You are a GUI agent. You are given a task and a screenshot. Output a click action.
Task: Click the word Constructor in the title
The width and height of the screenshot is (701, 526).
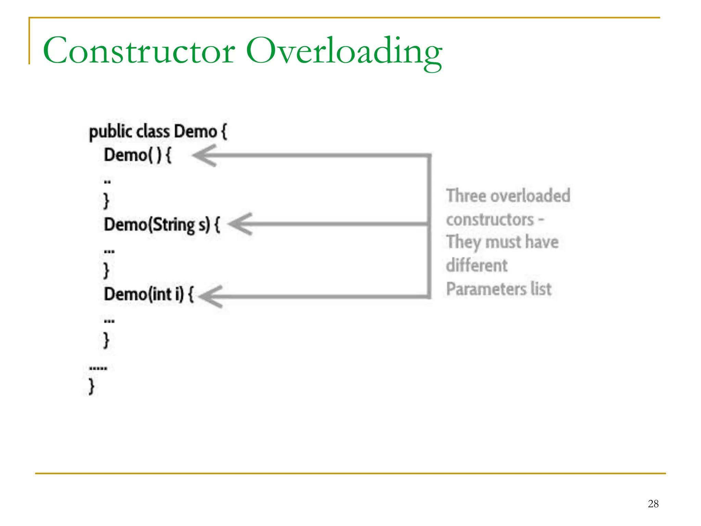[139, 51]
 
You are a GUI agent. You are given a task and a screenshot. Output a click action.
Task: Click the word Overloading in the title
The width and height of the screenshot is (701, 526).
[344, 51]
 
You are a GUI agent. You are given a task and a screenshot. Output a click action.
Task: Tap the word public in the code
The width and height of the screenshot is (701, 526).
[111, 132]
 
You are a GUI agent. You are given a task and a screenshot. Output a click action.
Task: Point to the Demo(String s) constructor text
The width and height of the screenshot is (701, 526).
[162, 225]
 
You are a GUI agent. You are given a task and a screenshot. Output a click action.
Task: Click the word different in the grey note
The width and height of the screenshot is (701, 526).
[477, 265]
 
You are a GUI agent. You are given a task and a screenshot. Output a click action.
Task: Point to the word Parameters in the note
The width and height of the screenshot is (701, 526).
[486, 289]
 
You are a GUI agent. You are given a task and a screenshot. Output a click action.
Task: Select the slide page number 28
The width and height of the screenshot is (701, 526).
[653, 504]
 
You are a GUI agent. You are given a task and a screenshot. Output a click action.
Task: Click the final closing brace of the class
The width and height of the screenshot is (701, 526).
[91, 386]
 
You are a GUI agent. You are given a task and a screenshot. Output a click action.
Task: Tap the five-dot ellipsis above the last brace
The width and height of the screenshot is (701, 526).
[98, 368]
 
